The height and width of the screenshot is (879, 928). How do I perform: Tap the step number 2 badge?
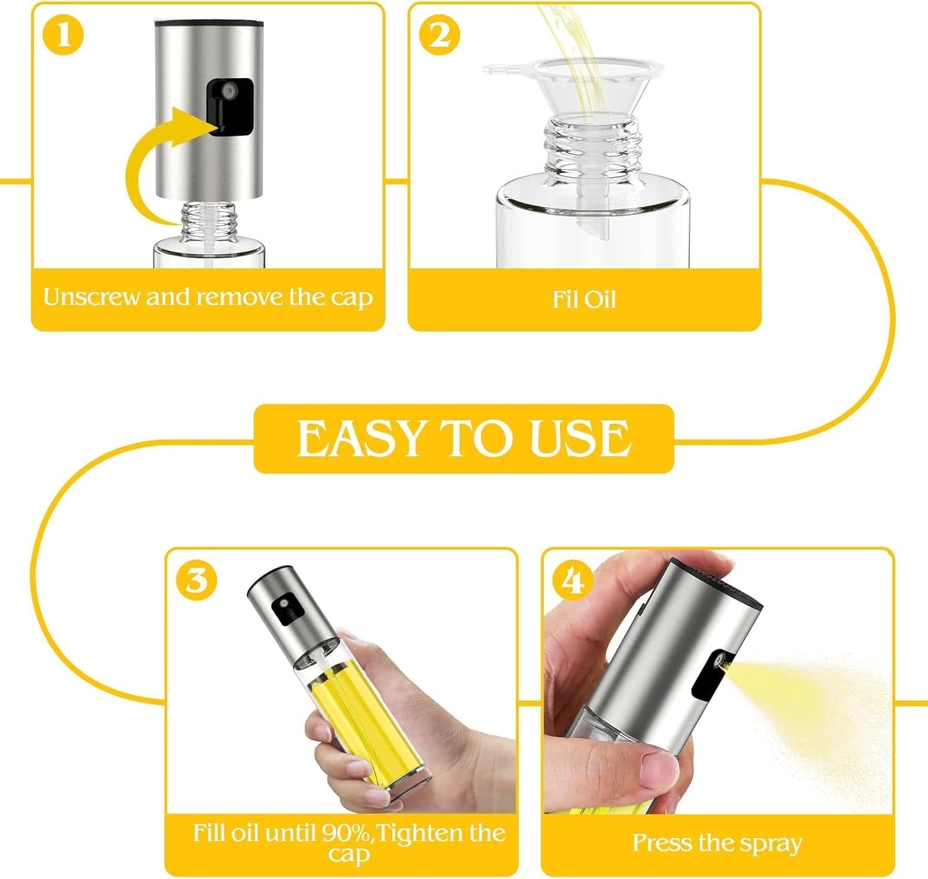pyautogui.click(x=439, y=35)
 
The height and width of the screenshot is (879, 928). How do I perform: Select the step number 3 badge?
pyautogui.click(x=196, y=582)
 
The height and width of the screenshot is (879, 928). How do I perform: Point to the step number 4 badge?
pyautogui.click(x=574, y=580)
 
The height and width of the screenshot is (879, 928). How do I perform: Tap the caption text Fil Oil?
pyautogui.click(x=584, y=300)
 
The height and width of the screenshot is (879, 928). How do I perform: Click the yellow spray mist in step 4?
pyautogui.click(x=804, y=693)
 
